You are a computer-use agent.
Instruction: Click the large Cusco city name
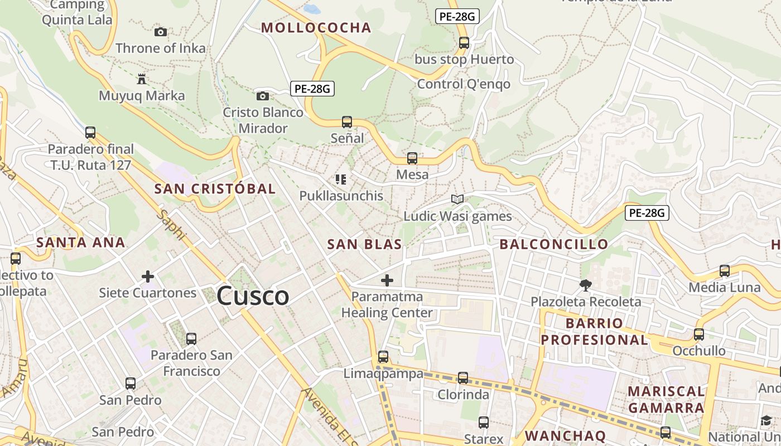253,295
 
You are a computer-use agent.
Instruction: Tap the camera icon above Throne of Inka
161,32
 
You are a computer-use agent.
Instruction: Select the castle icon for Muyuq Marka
142,79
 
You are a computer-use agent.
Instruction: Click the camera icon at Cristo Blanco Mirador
262,96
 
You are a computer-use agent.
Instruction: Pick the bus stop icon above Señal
347,122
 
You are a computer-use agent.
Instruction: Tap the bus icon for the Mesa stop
412,158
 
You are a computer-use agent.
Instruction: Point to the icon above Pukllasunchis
341,180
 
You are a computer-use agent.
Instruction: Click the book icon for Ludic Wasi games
457,200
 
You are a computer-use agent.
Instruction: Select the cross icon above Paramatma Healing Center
387,280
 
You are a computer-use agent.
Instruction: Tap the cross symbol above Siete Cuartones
148,276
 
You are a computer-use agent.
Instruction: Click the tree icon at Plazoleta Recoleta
586,285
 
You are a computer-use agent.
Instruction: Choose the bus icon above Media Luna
725,271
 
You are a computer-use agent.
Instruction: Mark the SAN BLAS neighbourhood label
364,244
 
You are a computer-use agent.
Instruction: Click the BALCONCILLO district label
553,244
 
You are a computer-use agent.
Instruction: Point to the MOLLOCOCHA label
316,28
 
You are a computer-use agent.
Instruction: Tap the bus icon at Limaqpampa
383,357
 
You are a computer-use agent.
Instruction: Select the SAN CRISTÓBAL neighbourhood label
215,189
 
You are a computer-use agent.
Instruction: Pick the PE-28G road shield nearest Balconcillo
647,212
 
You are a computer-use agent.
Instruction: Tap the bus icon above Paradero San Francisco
191,338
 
